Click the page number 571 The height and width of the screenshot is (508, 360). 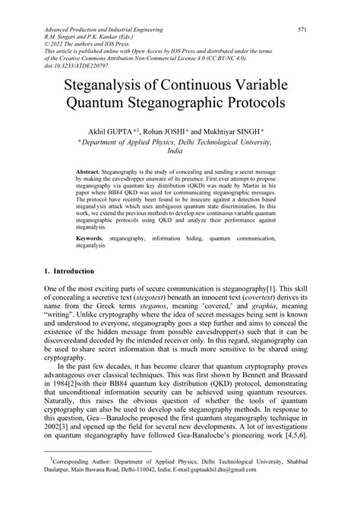[302, 30]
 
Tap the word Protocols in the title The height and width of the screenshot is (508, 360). [246, 103]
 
